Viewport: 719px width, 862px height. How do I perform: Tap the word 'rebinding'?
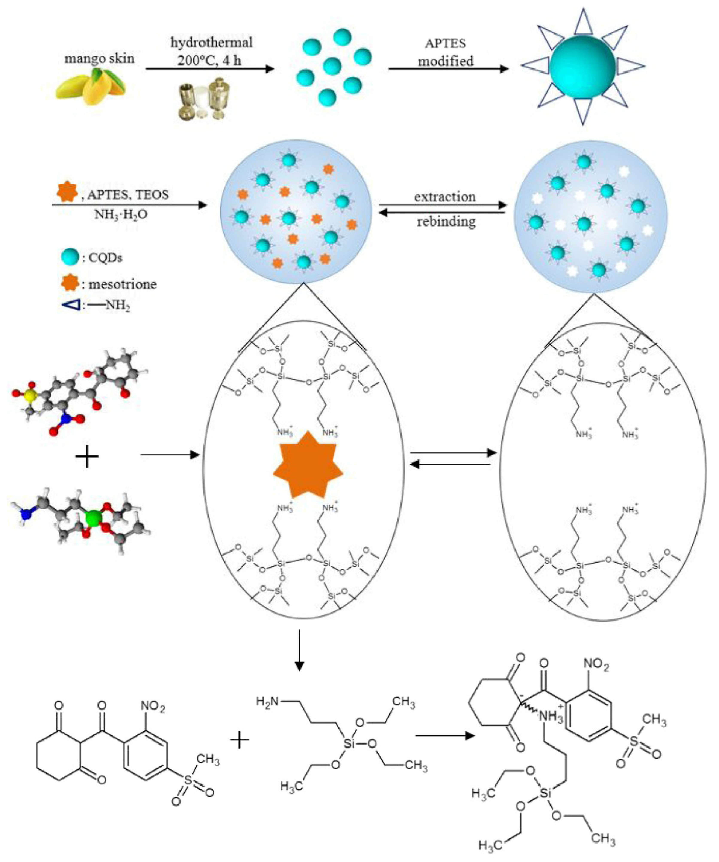click(x=446, y=222)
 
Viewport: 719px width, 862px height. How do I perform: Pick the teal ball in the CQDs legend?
click(x=70, y=257)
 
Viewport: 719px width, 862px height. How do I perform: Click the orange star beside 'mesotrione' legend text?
click(x=70, y=283)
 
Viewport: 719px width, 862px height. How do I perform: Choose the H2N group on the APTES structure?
click(x=267, y=701)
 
